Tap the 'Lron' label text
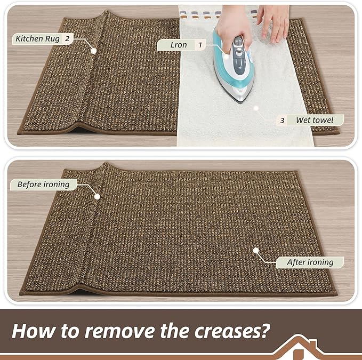178,45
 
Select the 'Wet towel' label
314,121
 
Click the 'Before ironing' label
43,185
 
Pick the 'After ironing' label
310,262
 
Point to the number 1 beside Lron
200,45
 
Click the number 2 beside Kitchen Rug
67,38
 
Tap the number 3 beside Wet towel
282,121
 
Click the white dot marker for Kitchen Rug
94,51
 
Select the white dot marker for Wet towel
256,108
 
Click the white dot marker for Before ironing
97,196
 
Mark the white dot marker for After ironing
255,250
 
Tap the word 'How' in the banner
32,330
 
